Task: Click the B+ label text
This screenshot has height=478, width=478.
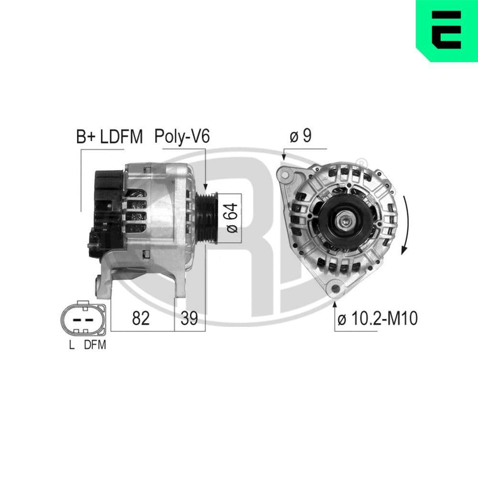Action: (86, 138)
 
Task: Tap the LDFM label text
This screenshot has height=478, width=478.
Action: (121, 138)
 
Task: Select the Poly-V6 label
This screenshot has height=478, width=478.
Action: (182, 137)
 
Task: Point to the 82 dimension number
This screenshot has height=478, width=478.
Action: (141, 318)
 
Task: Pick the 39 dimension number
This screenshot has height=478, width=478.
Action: (189, 318)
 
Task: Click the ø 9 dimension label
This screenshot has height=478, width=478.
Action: (301, 137)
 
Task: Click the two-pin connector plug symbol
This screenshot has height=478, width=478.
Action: (83, 318)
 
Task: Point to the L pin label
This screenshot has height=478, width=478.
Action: (72, 345)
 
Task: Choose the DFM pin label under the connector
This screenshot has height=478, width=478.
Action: (95, 345)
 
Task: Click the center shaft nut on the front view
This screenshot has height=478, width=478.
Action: (345, 221)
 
